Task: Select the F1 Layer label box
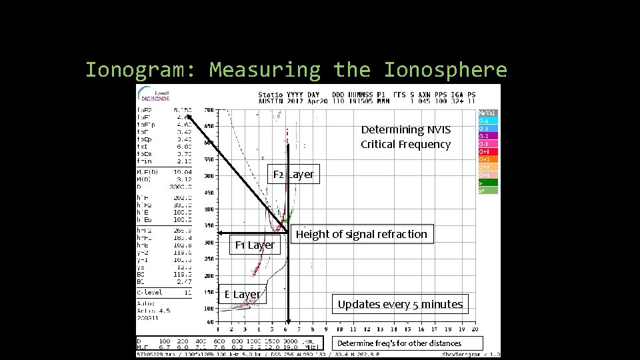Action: pyautogui.click(x=254, y=245)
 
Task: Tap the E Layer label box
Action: pyautogui.click(x=242, y=295)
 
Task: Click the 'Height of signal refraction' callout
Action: pyautogui.click(x=361, y=234)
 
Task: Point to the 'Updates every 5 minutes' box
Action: pyautogui.click(x=399, y=305)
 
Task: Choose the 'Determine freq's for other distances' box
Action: pyautogui.click(x=399, y=343)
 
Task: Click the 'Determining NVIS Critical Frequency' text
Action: pyautogui.click(x=405, y=137)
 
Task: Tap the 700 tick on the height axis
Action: pyautogui.click(x=209, y=109)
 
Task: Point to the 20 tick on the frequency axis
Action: pyautogui.click(x=475, y=329)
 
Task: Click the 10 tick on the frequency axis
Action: pyautogui.click(x=339, y=329)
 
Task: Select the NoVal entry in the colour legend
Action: pyautogui.click(x=487, y=113)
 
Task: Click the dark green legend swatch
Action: pyautogui.click(x=487, y=182)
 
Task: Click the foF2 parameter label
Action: pyautogui.click(x=144, y=109)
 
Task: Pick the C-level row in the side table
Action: pyautogui.click(x=149, y=292)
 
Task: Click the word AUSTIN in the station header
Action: pyautogui.click(x=271, y=102)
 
